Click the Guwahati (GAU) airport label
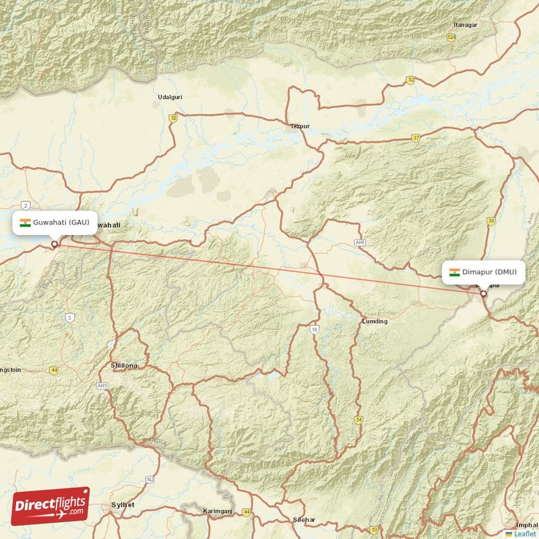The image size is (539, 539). (55, 223)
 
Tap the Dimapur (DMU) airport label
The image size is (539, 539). (483, 272)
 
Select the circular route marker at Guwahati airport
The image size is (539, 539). (55, 245)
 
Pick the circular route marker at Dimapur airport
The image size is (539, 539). (483, 294)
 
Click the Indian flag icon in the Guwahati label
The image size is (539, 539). (25, 223)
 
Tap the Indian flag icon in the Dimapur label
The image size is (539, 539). (455, 272)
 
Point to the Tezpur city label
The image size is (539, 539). (299, 126)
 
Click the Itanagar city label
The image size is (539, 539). (465, 25)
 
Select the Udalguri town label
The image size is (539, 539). (170, 97)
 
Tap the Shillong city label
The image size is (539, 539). (123, 365)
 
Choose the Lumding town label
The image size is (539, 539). (375, 321)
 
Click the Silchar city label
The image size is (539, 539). (304, 519)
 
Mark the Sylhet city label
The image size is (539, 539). (123, 505)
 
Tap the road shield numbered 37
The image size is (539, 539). (416, 138)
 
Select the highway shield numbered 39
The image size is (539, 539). (491, 221)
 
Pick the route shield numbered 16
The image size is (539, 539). (315, 329)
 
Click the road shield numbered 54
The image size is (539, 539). (358, 420)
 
